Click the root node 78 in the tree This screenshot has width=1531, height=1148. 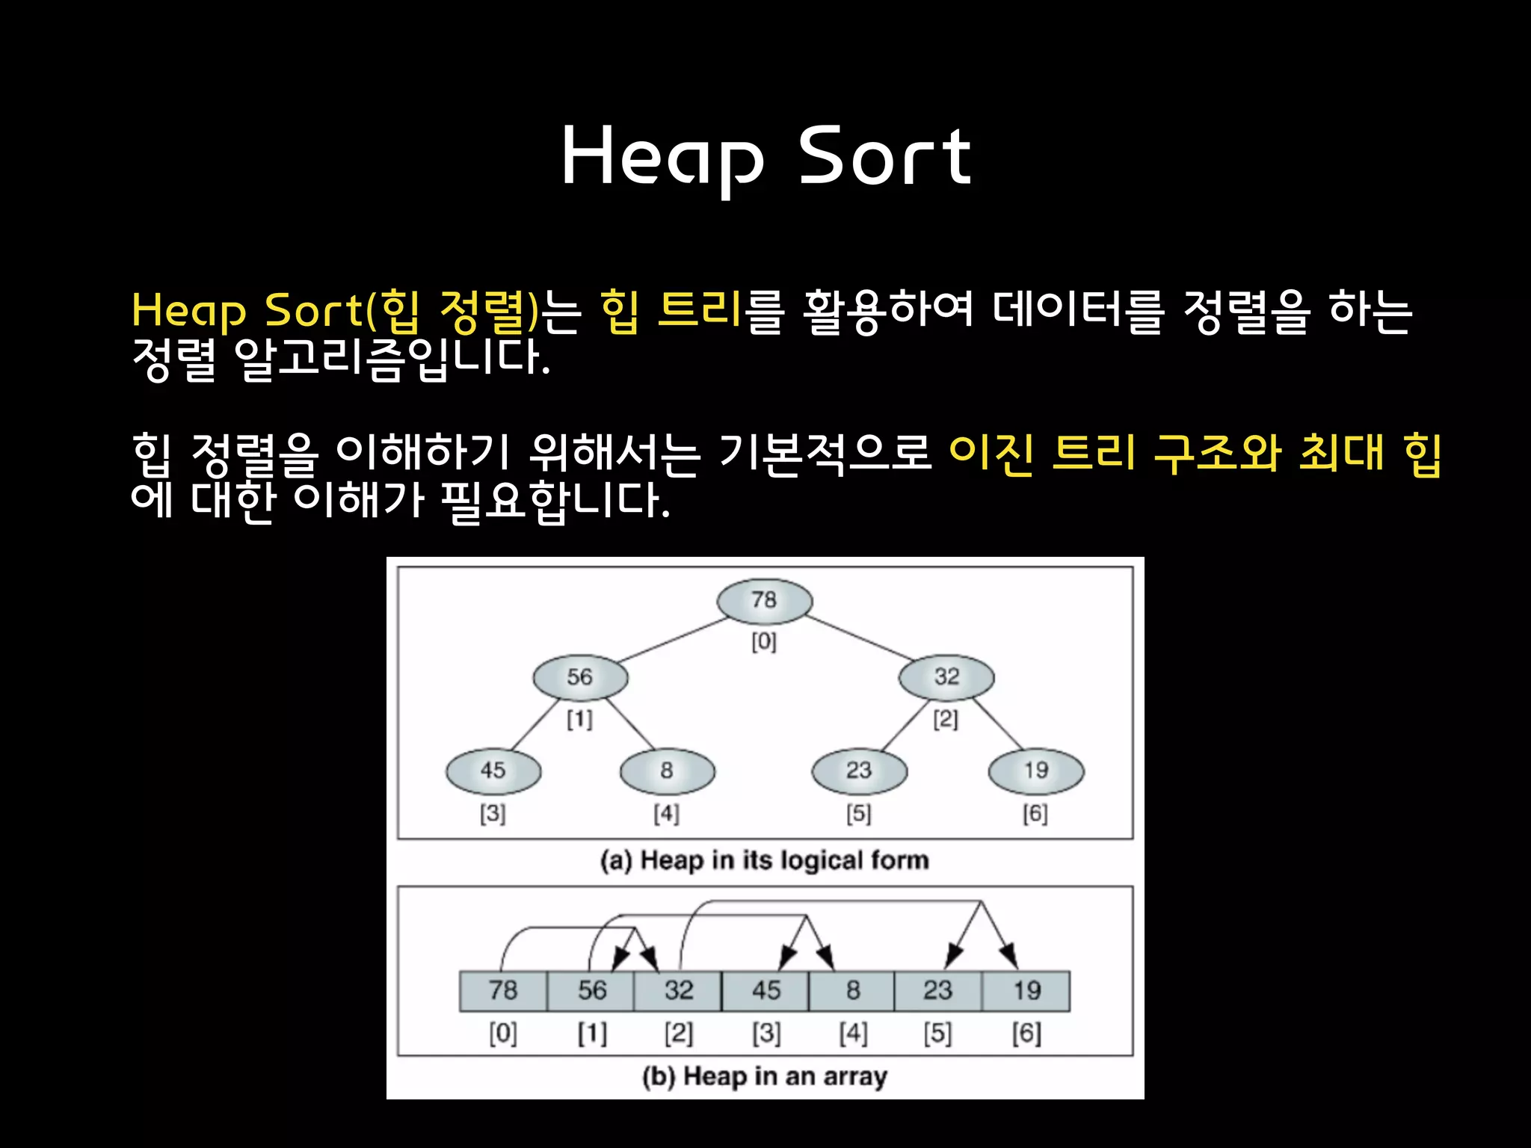pyautogui.click(x=764, y=600)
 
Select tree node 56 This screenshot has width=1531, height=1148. pyautogui.click(x=580, y=677)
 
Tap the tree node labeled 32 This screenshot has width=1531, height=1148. pyautogui.click(x=946, y=677)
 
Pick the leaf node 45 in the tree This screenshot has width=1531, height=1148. pyautogui.click(x=493, y=771)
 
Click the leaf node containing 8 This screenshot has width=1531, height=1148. pyautogui.click(x=667, y=771)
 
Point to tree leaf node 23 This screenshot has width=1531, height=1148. pyautogui.click(x=860, y=771)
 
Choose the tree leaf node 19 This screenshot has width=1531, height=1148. pyautogui.click(x=1036, y=771)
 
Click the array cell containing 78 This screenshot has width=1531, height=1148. pyautogui.click(x=503, y=991)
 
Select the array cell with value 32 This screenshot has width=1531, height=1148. pyautogui.click(x=678, y=991)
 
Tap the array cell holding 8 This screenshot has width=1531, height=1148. pyautogui.click(x=852, y=991)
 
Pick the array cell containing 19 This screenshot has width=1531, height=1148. pyautogui.click(x=1026, y=991)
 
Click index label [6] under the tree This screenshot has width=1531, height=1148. pyautogui.click(x=1035, y=813)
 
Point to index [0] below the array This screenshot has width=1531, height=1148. pyautogui.click(x=503, y=1034)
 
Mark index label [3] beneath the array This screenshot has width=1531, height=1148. pyautogui.click(x=766, y=1034)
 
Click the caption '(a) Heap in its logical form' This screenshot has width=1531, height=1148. pyautogui.click(x=764, y=860)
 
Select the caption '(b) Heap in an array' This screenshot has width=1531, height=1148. pyautogui.click(x=764, y=1076)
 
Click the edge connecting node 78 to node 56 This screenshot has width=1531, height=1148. pyautogui.click(x=673, y=640)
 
